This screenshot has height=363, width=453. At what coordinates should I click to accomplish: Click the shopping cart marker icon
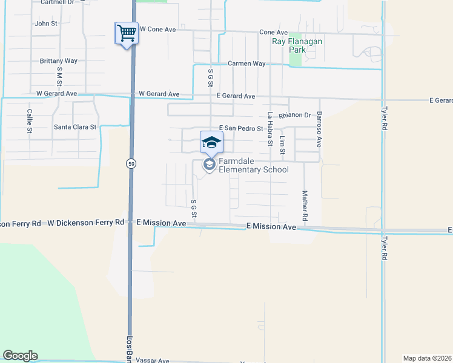coord(127,33)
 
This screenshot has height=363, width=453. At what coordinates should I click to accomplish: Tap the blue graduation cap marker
coord(211,142)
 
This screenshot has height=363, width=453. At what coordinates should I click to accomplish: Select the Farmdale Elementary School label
coord(253,165)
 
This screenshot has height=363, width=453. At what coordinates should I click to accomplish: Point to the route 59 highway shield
coord(130,163)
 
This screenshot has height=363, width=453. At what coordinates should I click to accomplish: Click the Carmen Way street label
coord(246,64)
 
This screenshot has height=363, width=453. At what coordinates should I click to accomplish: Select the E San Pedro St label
coord(241,128)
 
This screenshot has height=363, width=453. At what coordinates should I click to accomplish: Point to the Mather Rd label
coord(305,206)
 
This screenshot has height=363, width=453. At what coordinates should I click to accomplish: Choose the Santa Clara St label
coord(75,127)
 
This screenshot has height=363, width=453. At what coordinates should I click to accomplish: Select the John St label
coord(46,24)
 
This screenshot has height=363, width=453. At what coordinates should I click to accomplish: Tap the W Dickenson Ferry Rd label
coord(85,223)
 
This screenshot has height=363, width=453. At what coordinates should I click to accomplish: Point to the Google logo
coord(20,356)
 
